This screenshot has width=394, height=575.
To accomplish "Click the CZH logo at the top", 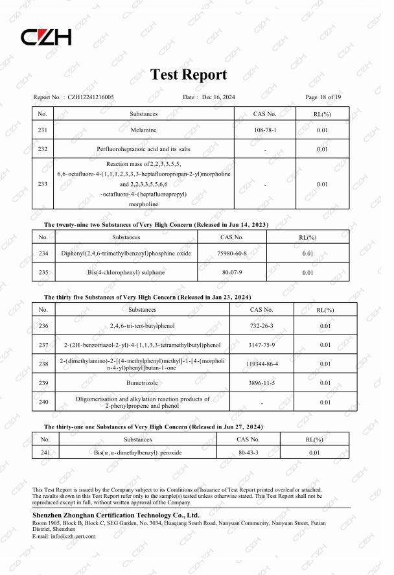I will click(47, 38).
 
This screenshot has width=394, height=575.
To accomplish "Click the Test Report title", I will click(189, 75).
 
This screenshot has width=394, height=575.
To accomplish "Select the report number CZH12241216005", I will click(91, 97).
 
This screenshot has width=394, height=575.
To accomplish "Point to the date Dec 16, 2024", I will click(218, 97).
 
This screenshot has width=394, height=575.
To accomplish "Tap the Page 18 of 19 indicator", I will click(323, 97).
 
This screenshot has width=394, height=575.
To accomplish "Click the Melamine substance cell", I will click(144, 130).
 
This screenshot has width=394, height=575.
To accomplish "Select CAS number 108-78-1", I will click(265, 130).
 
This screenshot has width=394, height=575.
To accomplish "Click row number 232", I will click(43, 149).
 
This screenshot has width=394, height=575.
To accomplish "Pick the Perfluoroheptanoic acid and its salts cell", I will click(144, 149).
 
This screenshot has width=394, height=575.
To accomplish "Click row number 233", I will click(43, 184).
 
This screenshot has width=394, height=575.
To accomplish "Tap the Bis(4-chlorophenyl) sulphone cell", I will click(117, 272).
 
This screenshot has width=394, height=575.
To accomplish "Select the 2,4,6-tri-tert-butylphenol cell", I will click(143, 325).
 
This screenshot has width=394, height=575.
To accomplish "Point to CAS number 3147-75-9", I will click(262, 345).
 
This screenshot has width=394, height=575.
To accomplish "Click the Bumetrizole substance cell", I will click(143, 383).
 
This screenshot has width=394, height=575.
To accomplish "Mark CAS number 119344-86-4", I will click(262, 364).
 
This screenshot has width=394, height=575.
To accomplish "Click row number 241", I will click(45, 452).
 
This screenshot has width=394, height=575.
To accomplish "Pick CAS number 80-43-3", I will click(248, 452).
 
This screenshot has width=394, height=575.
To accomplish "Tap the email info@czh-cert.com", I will click(72, 536).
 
